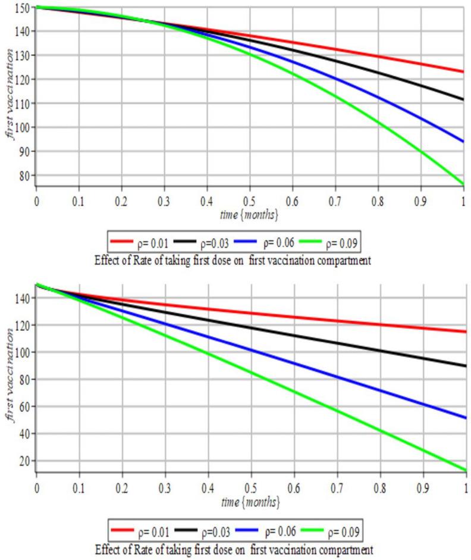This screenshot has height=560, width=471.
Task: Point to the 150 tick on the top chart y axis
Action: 24,7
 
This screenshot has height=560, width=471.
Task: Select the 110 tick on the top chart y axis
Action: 24,104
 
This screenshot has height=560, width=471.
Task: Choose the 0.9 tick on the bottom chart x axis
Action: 422,487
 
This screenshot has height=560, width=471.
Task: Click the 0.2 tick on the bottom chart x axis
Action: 122,487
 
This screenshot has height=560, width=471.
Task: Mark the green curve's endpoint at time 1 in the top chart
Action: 464,184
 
